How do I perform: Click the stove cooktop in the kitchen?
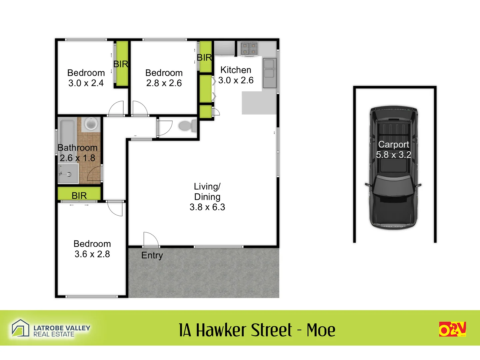tap(249, 48)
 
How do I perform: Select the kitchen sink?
tap(269, 73)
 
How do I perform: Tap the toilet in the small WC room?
tap(188, 126)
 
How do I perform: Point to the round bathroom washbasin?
tap(91, 124)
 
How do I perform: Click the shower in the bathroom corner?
tap(68, 174)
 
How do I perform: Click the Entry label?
tap(152, 255)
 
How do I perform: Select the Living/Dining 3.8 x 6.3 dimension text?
tap(207, 207)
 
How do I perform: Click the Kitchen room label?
tap(236, 70)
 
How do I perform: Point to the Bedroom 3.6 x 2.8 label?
tap(92, 249)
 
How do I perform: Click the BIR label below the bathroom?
tap(79, 195)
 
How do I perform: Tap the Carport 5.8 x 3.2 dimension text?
tap(393, 155)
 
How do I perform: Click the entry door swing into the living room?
tap(150, 240)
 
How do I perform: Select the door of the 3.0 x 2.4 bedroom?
tap(117, 108)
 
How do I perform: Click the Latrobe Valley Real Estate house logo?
tap(21, 328)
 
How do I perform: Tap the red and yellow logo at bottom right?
tap(452, 329)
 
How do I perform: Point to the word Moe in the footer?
tap(321, 330)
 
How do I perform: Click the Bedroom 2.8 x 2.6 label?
tap(164, 78)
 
